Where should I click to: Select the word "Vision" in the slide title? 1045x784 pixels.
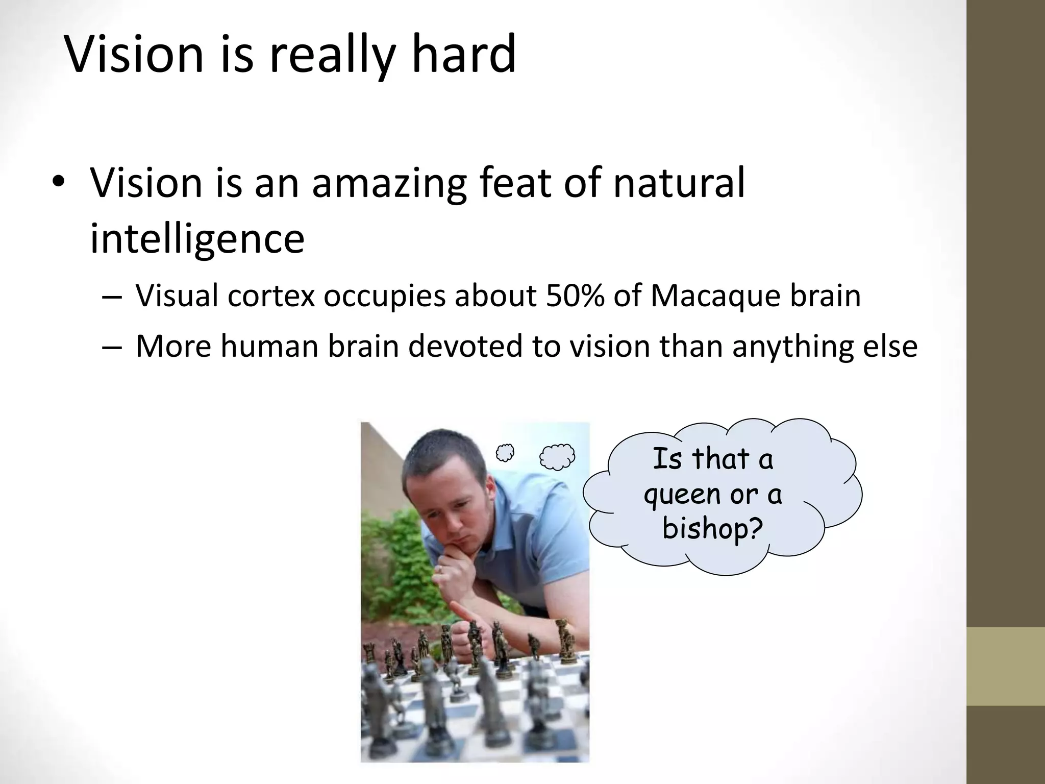pyautogui.click(x=134, y=54)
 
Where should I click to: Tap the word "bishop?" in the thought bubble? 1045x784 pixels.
pyautogui.click(x=712, y=528)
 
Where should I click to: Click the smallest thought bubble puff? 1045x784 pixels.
pyautogui.click(x=505, y=452)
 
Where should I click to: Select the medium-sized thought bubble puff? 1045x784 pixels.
pyautogui.click(x=557, y=456)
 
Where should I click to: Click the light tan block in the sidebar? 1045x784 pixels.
pyautogui.click(x=1006, y=666)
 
